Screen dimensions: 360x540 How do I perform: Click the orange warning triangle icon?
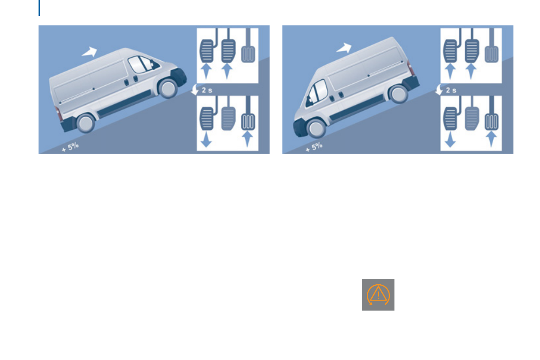click(x=378, y=295)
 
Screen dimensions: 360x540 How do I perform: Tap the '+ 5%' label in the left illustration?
click(x=71, y=147)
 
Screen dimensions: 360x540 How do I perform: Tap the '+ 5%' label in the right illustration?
click(x=314, y=147)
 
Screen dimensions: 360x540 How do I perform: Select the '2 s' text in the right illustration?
click(x=451, y=90)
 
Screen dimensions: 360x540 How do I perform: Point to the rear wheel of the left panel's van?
click(x=86, y=122)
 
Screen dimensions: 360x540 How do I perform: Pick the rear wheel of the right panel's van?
click(x=398, y=94)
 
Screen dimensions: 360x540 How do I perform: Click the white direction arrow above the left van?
click(x=90, y=51)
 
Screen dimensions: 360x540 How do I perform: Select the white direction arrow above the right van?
click(x=344, y=47)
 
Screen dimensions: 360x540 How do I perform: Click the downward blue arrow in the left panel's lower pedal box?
click(x=206, y=138)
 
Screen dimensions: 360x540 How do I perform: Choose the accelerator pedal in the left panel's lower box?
click(x=248, y=119)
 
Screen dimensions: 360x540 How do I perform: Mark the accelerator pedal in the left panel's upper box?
click(x=248, y=51)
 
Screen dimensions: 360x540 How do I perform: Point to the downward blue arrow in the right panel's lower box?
click(x=450, y=138)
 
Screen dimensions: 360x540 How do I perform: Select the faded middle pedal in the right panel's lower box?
click(x=472, y=119)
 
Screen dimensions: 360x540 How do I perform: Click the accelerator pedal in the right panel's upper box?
click(x=492, y=51)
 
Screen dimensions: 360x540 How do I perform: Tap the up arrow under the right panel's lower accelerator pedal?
click(x=492, y=138)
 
